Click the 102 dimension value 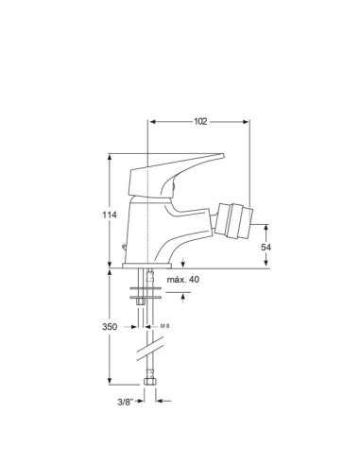pos(200,122)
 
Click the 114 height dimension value pos(110,215)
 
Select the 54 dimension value pos(266,248)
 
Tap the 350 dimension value pos(110,327)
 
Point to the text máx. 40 pos(183,280)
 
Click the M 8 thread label pos(164,326)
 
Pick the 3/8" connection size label pos(126,402)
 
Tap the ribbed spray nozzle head pos(233,220)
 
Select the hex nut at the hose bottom pos(149,381)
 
